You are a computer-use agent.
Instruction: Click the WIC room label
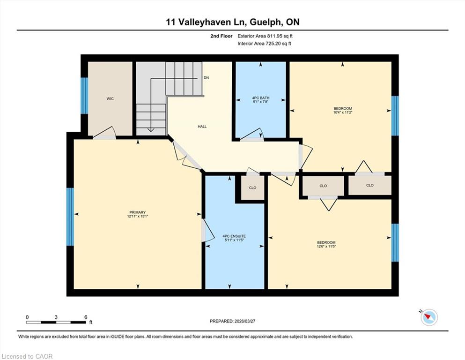coord(110,98)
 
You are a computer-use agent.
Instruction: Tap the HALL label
coord(202,127)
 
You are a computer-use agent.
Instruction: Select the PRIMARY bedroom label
coord(138,212)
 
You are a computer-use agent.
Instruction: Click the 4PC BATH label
coord(261,98)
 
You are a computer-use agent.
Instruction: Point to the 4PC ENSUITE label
coord(234,236)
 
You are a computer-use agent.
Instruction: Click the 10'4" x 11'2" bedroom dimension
coord(342,112)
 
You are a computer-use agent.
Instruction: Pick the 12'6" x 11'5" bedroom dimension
coord(326,247)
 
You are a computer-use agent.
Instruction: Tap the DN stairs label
coord(206,78)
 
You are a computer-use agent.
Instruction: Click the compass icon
coord(429,317)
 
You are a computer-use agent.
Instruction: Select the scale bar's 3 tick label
coord(56,317)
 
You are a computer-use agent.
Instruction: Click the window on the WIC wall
coord(84,96)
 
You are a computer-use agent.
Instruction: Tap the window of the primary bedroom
coord(70,217)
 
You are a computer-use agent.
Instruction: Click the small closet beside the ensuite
coord(253,187)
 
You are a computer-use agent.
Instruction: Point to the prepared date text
coord(232,321)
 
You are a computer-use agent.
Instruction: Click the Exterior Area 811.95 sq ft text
coord(265,36)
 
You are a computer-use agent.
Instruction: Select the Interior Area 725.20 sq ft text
coord(264,44)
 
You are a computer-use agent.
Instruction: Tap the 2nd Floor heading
coord(221,36)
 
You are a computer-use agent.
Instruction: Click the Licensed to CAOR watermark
coord(27,356)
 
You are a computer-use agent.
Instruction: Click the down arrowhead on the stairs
coord(151,130)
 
